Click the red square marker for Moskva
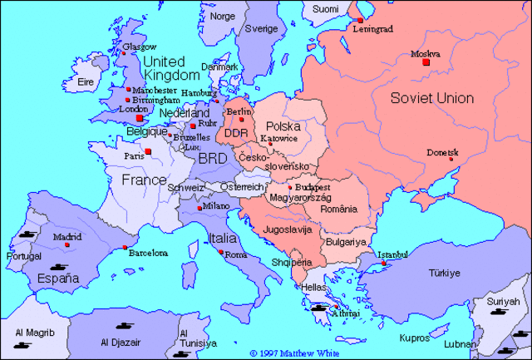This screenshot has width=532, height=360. click(x=426, y=62)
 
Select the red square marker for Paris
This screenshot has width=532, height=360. click(x=148, y=152)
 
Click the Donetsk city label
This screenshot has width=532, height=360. click(x=442, y=151)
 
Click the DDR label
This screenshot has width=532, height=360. click(x=237, y=133)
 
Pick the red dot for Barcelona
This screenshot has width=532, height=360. click(x=124, y=248)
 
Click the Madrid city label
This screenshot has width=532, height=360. click(x=67, y=236)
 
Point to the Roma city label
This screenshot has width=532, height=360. click(x=236, y=254)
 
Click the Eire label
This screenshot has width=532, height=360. click(x=85, y=81)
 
